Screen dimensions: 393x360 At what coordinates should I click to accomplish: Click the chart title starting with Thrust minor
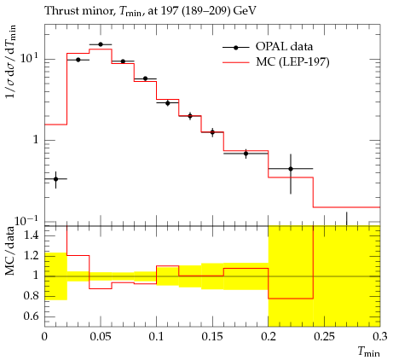[150, 11]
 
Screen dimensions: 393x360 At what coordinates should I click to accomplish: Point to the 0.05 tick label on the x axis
[101, 337]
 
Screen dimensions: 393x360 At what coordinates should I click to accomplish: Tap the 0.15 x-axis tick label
[212, 337]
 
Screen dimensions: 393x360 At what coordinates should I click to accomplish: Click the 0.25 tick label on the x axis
[324, 337]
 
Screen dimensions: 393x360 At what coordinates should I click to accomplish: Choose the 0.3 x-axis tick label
[380, 337]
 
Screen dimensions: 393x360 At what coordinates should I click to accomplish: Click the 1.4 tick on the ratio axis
[32, 235]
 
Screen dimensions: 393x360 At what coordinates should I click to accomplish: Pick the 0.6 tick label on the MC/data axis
[32, 316]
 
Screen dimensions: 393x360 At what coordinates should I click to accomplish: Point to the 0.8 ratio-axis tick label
[32, 296]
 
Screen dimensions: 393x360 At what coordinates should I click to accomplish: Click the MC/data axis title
[10, 251]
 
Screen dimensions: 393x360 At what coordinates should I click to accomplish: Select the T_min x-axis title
[368, 351]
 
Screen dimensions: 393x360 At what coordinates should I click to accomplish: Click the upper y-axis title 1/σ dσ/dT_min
[11, 61]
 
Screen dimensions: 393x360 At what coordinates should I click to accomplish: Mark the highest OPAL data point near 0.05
[101, 44]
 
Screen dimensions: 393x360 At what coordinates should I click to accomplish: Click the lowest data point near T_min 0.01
[55, 179]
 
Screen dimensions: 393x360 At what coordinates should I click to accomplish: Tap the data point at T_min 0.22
[291, 169]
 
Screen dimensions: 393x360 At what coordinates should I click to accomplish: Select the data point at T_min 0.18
[246, 154]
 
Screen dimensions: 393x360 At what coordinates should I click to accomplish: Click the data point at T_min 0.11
[167, 103]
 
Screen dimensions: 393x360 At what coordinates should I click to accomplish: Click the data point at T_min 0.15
[212, 132]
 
